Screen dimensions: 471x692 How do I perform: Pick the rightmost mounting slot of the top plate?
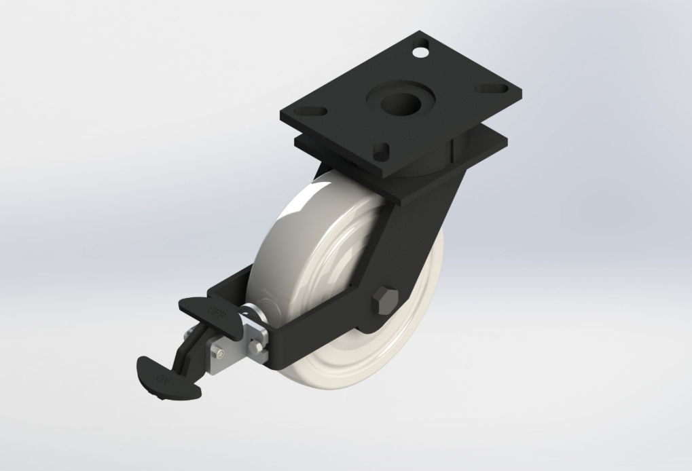coord(497,88)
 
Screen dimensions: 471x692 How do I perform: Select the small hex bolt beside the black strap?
coord(257,349)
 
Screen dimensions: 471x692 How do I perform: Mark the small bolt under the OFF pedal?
coord(219,354)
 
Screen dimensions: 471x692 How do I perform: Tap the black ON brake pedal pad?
coord(167,375)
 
